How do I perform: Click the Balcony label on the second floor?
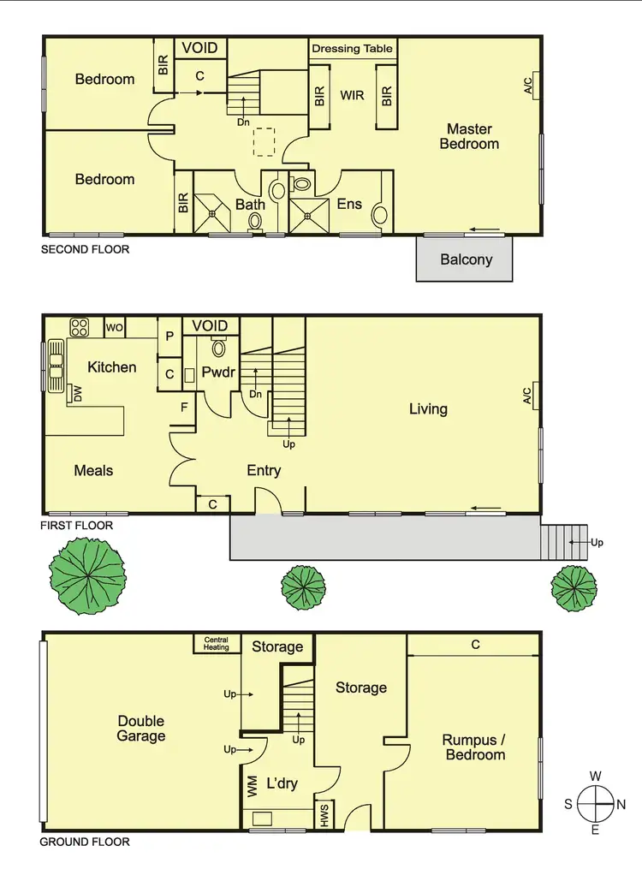(x=466, y=259)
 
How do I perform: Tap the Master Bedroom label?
(x=469, y=137)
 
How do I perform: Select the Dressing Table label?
(x=354, y=49)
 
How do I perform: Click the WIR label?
(x=353, y=95)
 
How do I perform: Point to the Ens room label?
(x=349, y=204)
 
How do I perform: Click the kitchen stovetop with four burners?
(x=80, y=327)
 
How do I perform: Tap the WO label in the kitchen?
(x=114, y=327)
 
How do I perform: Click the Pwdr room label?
(x=217, y=373)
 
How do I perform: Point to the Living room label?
(x=428, y=409)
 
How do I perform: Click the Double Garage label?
(x=141, y=729)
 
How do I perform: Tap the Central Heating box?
(x=216, y=644)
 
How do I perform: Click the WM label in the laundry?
(x=253, y=788)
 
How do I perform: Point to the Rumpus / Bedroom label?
(x=473, y=747)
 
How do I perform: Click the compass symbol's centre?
(x=596, y=804)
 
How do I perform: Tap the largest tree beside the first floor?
(x=87, y=574)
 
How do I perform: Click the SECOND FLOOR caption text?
(x=86, y=250)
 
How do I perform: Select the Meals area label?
(x=93, y=470)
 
